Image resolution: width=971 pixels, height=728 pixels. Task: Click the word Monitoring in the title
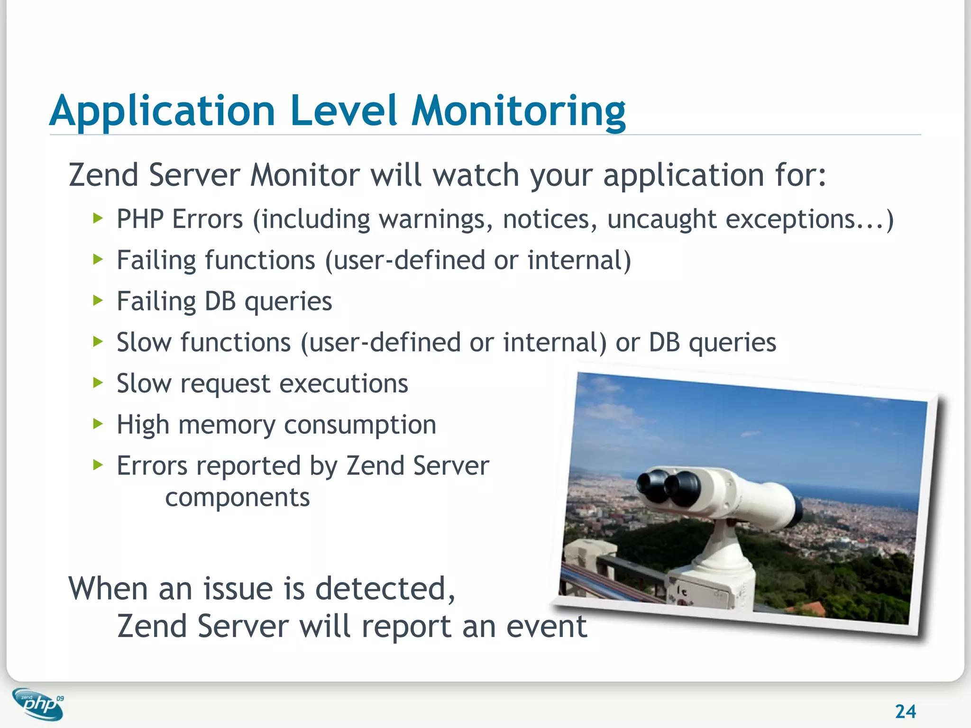518,111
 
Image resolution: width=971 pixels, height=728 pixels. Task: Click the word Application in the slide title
162,111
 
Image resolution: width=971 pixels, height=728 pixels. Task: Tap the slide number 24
905,711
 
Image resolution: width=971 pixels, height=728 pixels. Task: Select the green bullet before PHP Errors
98,218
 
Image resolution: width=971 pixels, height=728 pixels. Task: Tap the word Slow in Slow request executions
144,383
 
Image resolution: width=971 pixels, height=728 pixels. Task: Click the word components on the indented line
237,498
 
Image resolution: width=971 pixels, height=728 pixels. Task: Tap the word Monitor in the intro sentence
305,175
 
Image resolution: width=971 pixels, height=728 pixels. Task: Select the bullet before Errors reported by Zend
98,465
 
